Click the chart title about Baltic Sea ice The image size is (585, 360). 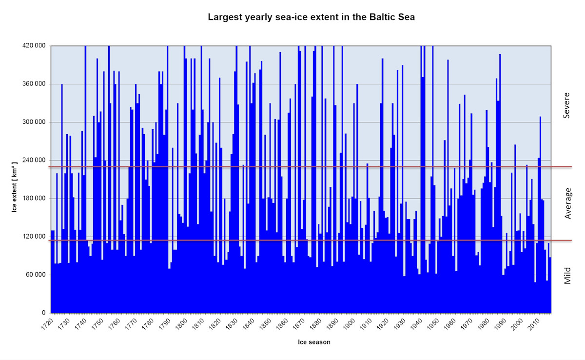tap(311, 17)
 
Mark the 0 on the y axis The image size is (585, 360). tap(44, 313)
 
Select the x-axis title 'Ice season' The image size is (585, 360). tap(314, 342)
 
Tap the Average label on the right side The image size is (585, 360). tap(567, 203)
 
